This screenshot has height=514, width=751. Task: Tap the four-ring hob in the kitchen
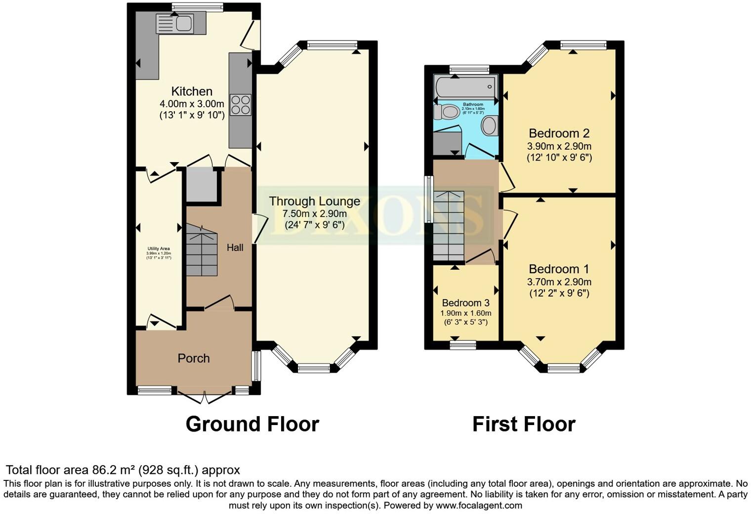[241, 104]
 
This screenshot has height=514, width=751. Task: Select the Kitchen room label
[192, 91]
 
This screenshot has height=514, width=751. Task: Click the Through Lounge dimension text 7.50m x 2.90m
[314, 214]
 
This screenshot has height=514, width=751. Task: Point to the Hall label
[235, 248]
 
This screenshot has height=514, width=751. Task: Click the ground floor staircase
[202, 251]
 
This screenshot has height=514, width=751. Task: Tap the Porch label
[194, 358]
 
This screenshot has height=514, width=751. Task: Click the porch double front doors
[205, 395]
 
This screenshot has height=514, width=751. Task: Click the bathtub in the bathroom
[465, 87]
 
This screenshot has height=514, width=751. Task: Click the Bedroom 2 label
[559, 133]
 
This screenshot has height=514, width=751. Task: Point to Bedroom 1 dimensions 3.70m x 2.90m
[559, 282]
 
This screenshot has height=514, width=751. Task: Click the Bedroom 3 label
[465, 303]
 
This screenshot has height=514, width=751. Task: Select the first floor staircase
[449, 226]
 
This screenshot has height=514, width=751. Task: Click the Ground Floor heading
[252, 424]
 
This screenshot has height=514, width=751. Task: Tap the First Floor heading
[523, 424]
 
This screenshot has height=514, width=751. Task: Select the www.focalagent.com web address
[479, 505]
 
